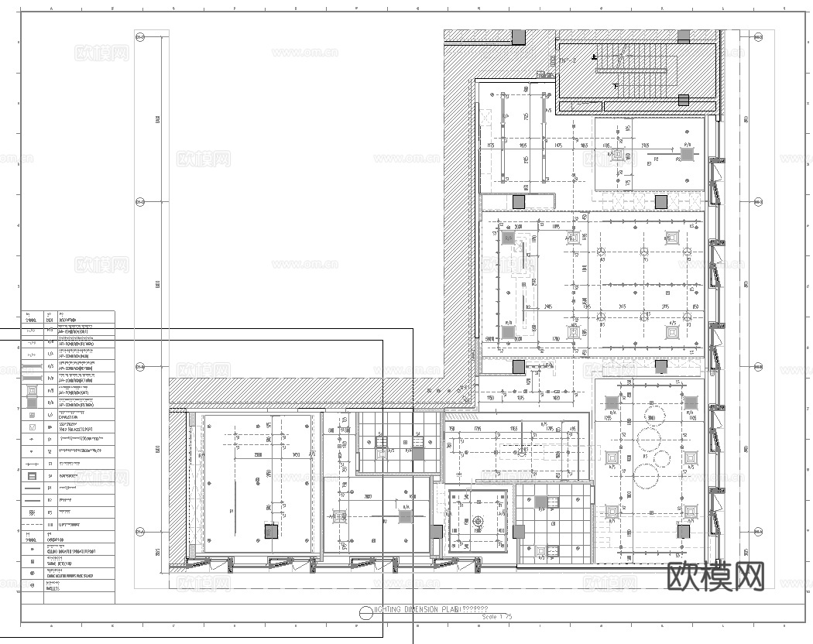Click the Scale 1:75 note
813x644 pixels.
click(x=496, y=617)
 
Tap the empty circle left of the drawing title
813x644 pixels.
click(x=365, y=612)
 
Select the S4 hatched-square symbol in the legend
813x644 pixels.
click(x=32, y=476)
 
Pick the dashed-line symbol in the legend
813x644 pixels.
click(x=32, y=525)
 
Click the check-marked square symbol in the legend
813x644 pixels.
click(x=32, y=426)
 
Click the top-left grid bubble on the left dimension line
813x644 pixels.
click(x=140, y=36)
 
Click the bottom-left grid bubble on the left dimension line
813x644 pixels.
click(x=140, y=532)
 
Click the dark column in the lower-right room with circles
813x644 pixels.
click(x=683, y=532)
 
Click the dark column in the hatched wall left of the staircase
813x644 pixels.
click(x=518, y=36)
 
